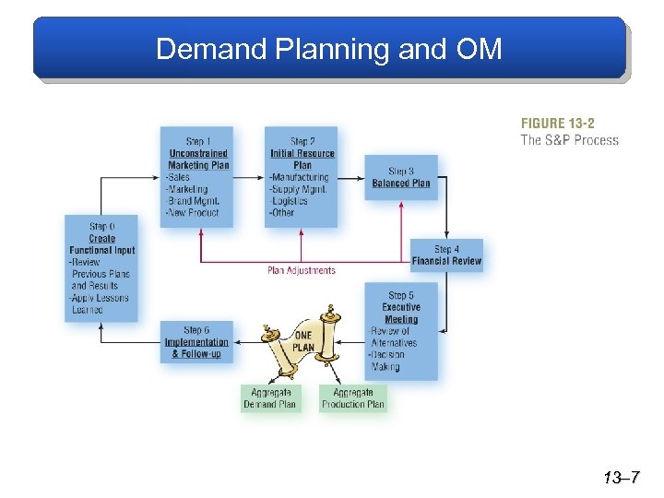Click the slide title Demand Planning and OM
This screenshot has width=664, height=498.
(x=329, y=48)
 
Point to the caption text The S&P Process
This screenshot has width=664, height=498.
(x=569, y=140)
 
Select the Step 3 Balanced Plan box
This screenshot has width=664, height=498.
(x=401, y=177)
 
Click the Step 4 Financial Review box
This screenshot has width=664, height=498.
(x=446, y=255)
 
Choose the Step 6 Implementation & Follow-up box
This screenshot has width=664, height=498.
(x=196, y=342)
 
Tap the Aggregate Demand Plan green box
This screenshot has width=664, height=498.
(x=269, y=398)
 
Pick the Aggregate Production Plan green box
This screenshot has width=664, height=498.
(x=353, y=398)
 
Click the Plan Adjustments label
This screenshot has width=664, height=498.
(x=302, y=270)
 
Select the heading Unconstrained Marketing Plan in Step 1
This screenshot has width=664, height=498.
(x=198, y=160)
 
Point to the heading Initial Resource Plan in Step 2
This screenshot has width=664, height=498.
(x=302, y=160)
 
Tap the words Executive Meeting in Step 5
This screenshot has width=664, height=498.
(x=401, y=314)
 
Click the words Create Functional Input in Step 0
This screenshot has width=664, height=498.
(x=102, y=244)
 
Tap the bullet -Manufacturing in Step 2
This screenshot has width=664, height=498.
(x=299, y=177)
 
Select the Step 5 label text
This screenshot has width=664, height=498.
(x=401, y=296)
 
